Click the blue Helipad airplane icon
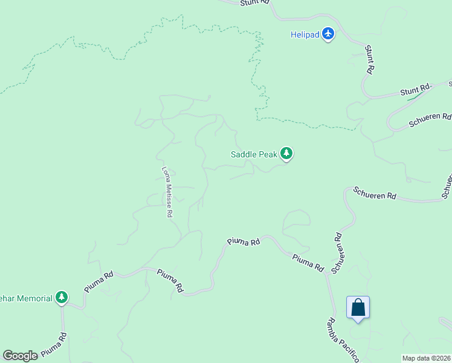(x=328, y=34)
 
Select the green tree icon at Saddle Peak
(x=286, y=154)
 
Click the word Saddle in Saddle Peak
(x=243, y=154)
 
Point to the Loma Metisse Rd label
(x=168, y=192)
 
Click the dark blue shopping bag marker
(x=358, y=307)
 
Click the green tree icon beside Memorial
(x=61, y=297)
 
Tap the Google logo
(x=21, y=356)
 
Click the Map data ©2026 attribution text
(x=426, y=358)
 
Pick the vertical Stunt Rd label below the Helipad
(x=369, y=61)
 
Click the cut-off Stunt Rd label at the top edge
(x=254, y=2)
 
